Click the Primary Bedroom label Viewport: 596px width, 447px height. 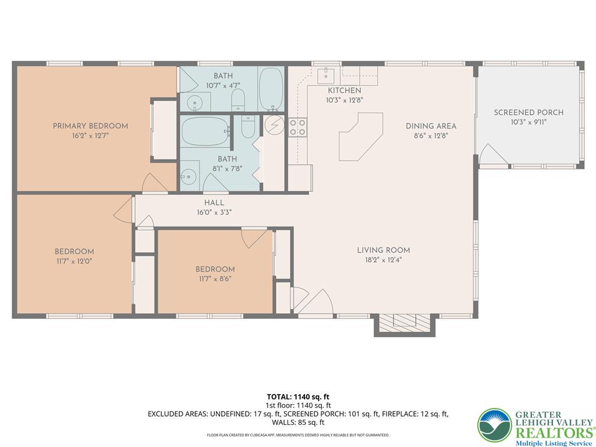90,126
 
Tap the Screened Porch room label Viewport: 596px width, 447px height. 528,112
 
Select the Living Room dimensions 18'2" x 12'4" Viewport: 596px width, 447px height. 383,260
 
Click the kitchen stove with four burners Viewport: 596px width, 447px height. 297,127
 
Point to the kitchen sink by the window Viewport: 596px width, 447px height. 326,75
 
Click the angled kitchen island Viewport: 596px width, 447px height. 360,136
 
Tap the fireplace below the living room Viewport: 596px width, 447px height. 405,325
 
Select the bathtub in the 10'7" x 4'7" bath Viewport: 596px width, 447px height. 271,89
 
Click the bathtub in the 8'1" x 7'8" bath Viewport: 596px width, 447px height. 205,132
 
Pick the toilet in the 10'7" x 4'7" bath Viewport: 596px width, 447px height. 238,100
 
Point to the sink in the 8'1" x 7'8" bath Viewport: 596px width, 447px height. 189,176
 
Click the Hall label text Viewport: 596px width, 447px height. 214,203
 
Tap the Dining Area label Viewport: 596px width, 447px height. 431,126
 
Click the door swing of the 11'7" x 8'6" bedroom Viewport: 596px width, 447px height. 254,238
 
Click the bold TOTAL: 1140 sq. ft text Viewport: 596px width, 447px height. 298,397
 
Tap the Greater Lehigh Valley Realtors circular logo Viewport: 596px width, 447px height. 495,425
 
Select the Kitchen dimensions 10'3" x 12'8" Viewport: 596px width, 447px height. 345,100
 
